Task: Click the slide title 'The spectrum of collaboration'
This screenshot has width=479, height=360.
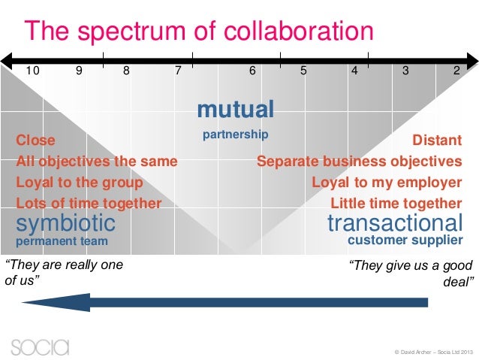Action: [x=199, y=32]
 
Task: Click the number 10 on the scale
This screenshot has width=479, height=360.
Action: [x=33, y=71]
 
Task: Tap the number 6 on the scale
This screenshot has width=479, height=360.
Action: [x=252, y=71]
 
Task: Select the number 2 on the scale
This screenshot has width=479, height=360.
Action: [x=456, y=71]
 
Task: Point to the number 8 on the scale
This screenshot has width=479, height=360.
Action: [x=126, y=71]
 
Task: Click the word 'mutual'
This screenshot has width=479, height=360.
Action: [x=235, y=110]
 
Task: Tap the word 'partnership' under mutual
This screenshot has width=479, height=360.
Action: [x=235, y=135]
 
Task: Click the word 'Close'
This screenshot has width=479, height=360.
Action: [x=35, y=140]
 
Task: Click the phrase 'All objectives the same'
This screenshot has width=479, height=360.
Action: [x=97, y=161]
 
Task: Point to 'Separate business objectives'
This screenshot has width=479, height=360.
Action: [x=359, y=161]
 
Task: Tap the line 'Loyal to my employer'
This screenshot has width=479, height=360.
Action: [x=386, y=182]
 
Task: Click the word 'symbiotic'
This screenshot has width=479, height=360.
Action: [x=66, y=222]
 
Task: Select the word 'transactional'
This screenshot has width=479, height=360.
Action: [x=395, y=222]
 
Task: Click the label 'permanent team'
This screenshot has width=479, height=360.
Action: [x=62, y=241]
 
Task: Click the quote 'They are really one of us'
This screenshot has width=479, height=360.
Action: [x=64, y=271]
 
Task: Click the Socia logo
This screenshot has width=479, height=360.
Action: [x=40, y=346]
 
